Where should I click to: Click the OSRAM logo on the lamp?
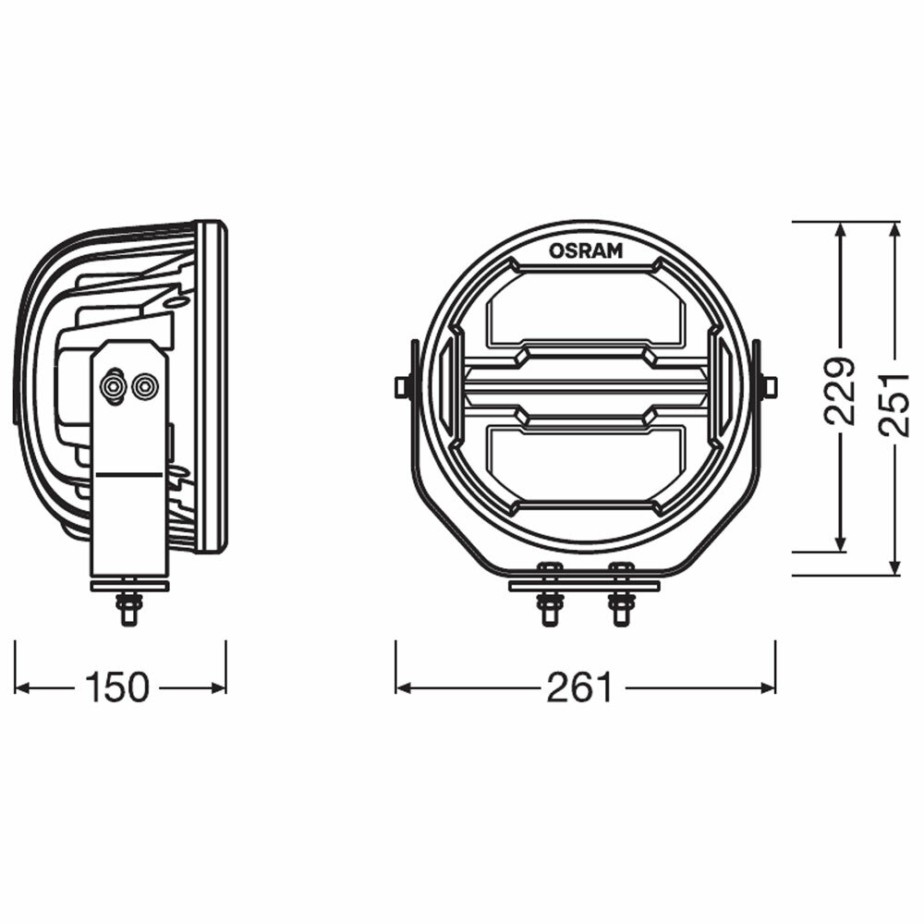(586, 249)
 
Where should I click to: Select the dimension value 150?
(116, 687)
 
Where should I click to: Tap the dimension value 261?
(579, 687)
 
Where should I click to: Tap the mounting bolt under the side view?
(128, 607)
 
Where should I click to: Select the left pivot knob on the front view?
(402, 386)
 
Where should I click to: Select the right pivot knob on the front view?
(769, 386)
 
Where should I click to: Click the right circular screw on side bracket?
(144, 386)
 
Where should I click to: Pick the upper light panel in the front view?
(585, 308)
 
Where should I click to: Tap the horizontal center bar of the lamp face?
(585, 385)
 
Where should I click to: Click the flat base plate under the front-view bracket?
(584, 586)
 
